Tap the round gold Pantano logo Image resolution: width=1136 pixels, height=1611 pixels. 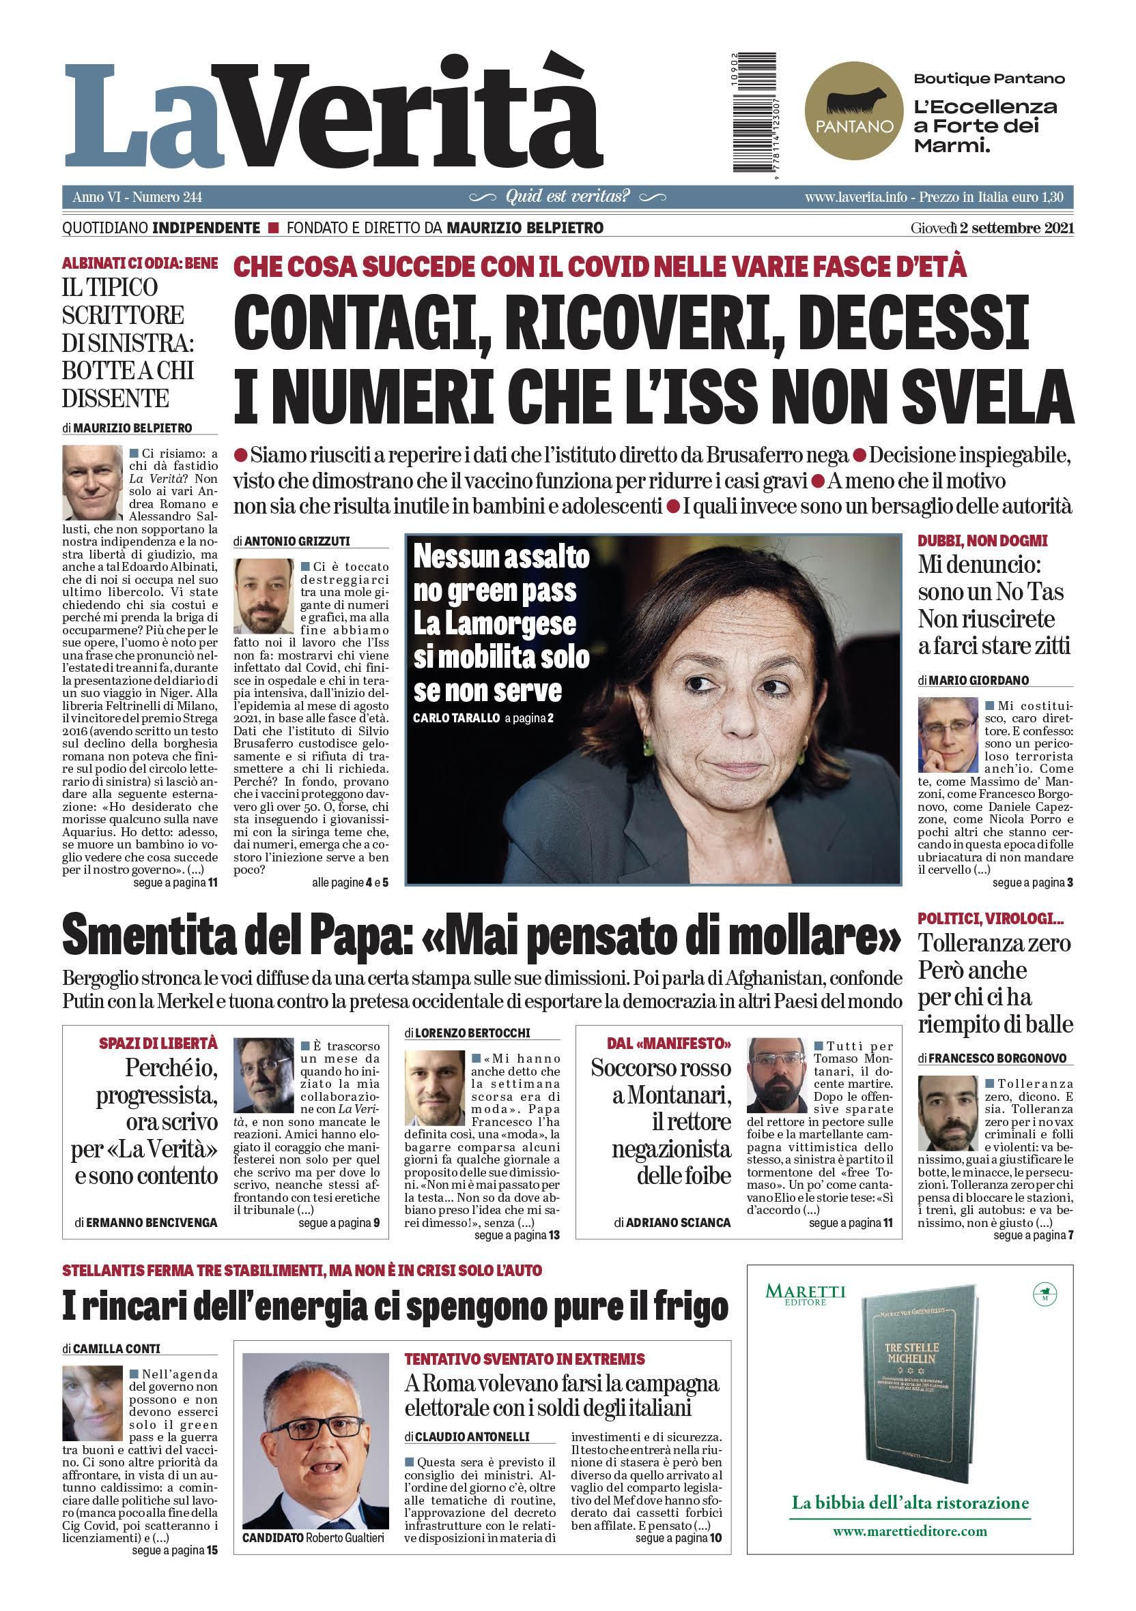point(851,109)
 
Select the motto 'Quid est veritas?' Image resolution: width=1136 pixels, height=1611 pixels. point(567,197)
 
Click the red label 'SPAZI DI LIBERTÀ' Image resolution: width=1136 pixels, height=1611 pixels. point(158,1044)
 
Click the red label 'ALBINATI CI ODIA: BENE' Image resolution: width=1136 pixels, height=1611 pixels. point(140,264)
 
